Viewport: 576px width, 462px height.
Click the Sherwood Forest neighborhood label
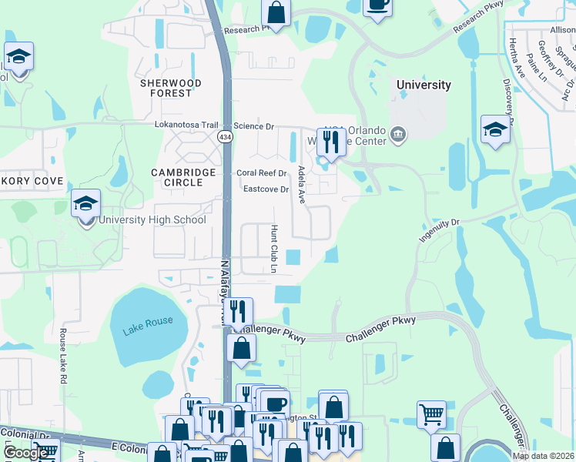coord(170,88)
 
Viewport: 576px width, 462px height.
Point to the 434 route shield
coord(225,136)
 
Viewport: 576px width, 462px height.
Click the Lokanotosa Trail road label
coord(187,125)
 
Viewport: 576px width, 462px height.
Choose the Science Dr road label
coord(253,126)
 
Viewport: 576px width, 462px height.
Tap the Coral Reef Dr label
coord(261,173)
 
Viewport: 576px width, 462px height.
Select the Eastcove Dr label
coord(265,189)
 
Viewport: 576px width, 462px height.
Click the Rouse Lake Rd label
coord(63,357)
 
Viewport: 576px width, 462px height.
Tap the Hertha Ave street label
coord(514,59)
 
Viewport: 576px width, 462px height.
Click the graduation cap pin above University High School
coord(86,205)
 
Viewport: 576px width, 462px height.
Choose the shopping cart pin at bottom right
coord(431,415)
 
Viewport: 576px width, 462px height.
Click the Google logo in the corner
coord(25,453)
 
